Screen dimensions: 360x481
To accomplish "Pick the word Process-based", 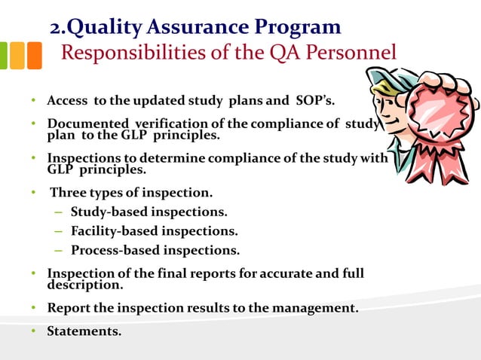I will [x=112, y=250].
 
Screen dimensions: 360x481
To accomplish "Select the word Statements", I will [x=84, y=330].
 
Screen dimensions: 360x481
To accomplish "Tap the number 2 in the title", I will [x=57, y=29].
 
